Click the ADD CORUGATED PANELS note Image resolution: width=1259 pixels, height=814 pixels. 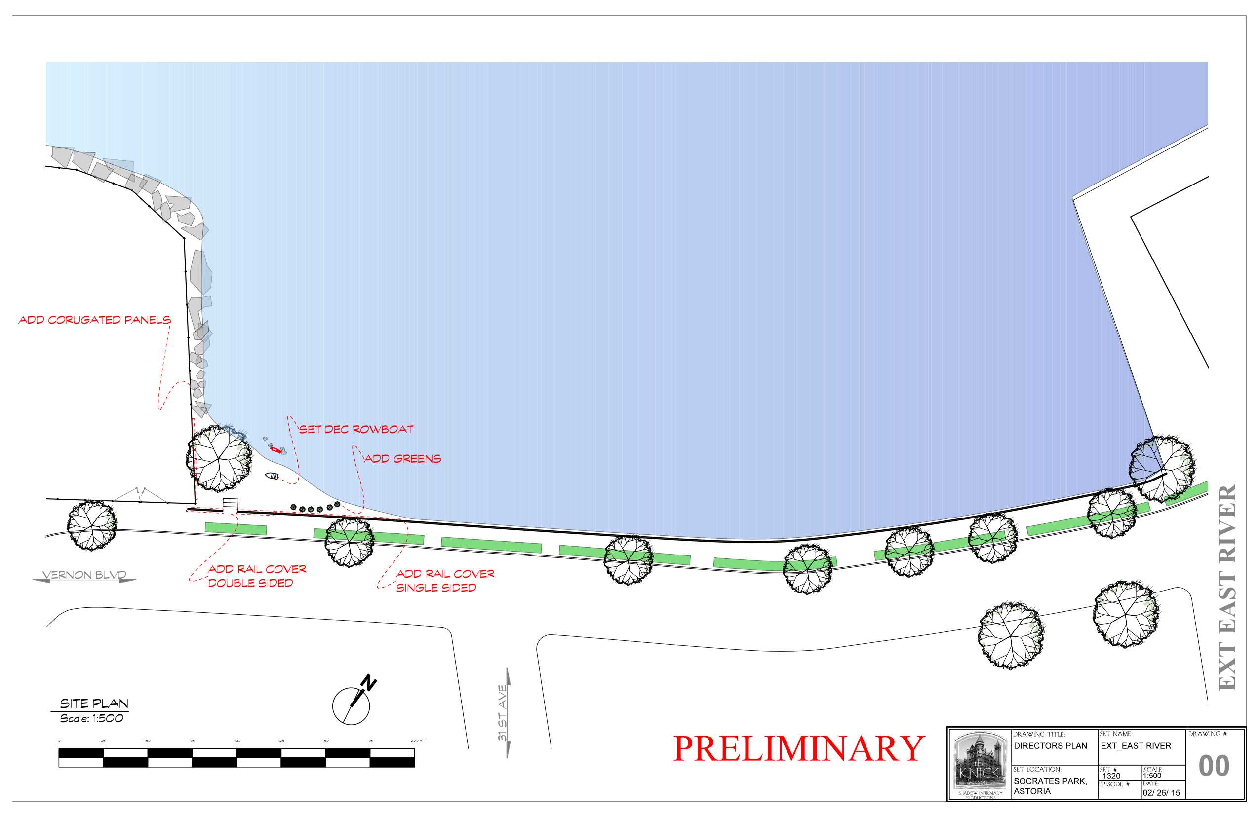click(95, 320)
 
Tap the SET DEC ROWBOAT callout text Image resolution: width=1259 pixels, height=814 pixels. click(356, 429)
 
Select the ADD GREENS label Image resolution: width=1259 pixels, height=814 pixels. click(402, 459)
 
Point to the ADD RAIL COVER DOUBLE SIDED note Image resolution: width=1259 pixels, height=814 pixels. click(257, 576)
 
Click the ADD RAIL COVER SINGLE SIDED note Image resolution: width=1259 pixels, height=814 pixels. click(444, 580)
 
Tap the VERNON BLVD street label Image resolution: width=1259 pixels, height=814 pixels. click(84, 575)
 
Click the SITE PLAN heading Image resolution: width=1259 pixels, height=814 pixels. click(94, 703)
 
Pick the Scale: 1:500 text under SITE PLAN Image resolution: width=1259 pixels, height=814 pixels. click(91, 719)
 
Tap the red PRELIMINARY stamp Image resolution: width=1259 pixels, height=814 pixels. click(799, 749)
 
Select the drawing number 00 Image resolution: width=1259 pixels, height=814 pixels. click(1214, 766)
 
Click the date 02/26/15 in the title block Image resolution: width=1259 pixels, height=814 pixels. click(1161, 793)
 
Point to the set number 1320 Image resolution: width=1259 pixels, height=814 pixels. click(1111, 776)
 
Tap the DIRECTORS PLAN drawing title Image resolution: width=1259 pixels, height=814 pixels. click(1050, 746)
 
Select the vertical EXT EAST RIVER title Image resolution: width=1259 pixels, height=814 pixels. click(1227, 587)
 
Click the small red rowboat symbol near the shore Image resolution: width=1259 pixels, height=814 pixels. click(275, 450)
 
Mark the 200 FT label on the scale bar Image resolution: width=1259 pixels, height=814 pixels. click(417, 741)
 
